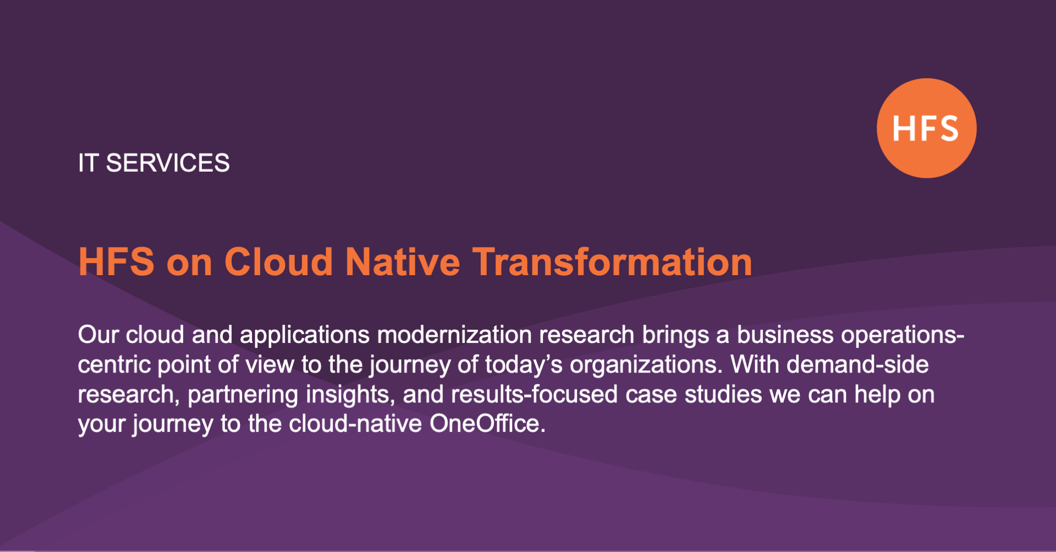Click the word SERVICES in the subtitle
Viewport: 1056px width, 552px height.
click(168, 163)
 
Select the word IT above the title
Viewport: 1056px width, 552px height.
click(88, 163)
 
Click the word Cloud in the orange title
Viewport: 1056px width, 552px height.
click(278, 262)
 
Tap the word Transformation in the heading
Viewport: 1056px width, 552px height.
click(612, 262)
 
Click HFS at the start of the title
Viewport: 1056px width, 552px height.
click(116, 262)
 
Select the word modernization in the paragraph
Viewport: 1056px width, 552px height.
click(454, 335)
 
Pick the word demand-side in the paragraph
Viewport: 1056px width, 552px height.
click(857, 365)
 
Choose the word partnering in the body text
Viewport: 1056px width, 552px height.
click(243, 395)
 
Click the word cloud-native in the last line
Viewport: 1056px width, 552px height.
click(355, 424)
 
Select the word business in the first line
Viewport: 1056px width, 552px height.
click(785, 335)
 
